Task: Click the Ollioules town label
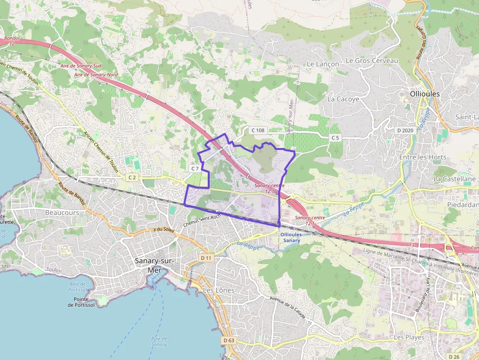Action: (x=425, y=94)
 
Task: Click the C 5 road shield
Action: (x=335, y=138)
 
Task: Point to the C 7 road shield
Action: (x=195, y=168)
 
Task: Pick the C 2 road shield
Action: (x=132, y=177)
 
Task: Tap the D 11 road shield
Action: (x=206, y=257)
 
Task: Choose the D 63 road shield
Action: (x=228, y=340)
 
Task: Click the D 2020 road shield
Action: (x=405, y=130)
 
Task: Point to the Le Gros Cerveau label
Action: (x=371, y=61)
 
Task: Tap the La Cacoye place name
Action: (x=343, y=99)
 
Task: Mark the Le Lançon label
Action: (x=323, y=64)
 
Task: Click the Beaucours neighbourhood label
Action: (x=62, y=213)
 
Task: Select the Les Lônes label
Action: (x=218, y=290)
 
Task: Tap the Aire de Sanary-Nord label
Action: (x=96, y=75)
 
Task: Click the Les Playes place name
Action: (x=409, y=338)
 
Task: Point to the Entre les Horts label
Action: (x=423, y=157)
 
